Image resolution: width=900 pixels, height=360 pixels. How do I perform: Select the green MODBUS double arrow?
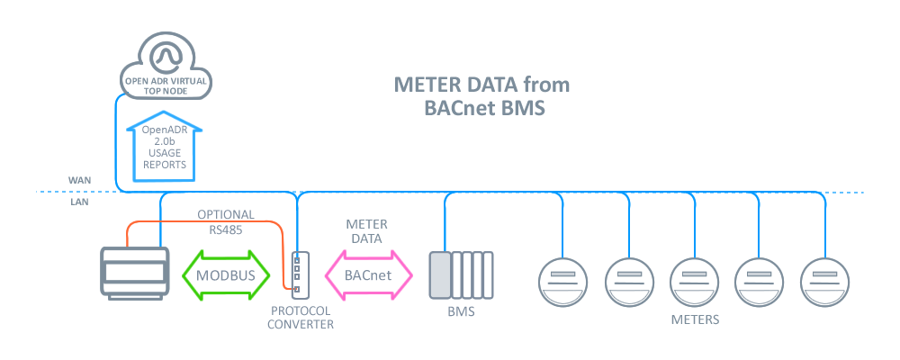pyautogui.click(x=226, y=274)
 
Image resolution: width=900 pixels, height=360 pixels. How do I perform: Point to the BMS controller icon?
pyautogui.click(x=461, y=274)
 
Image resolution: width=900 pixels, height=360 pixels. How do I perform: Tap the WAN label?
pyautogui.click(x=79, y=180)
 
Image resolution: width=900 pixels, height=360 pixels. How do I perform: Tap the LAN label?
pyautogui.click(x=79, y=202)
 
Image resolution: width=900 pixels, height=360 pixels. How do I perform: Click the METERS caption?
pyautogui.click(x=694, y=319)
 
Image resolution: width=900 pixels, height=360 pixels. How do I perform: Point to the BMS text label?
pyautogui.click(x=461, y=312)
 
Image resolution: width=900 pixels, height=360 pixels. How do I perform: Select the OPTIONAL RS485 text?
pyautogui.click(x=226, y=222)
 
